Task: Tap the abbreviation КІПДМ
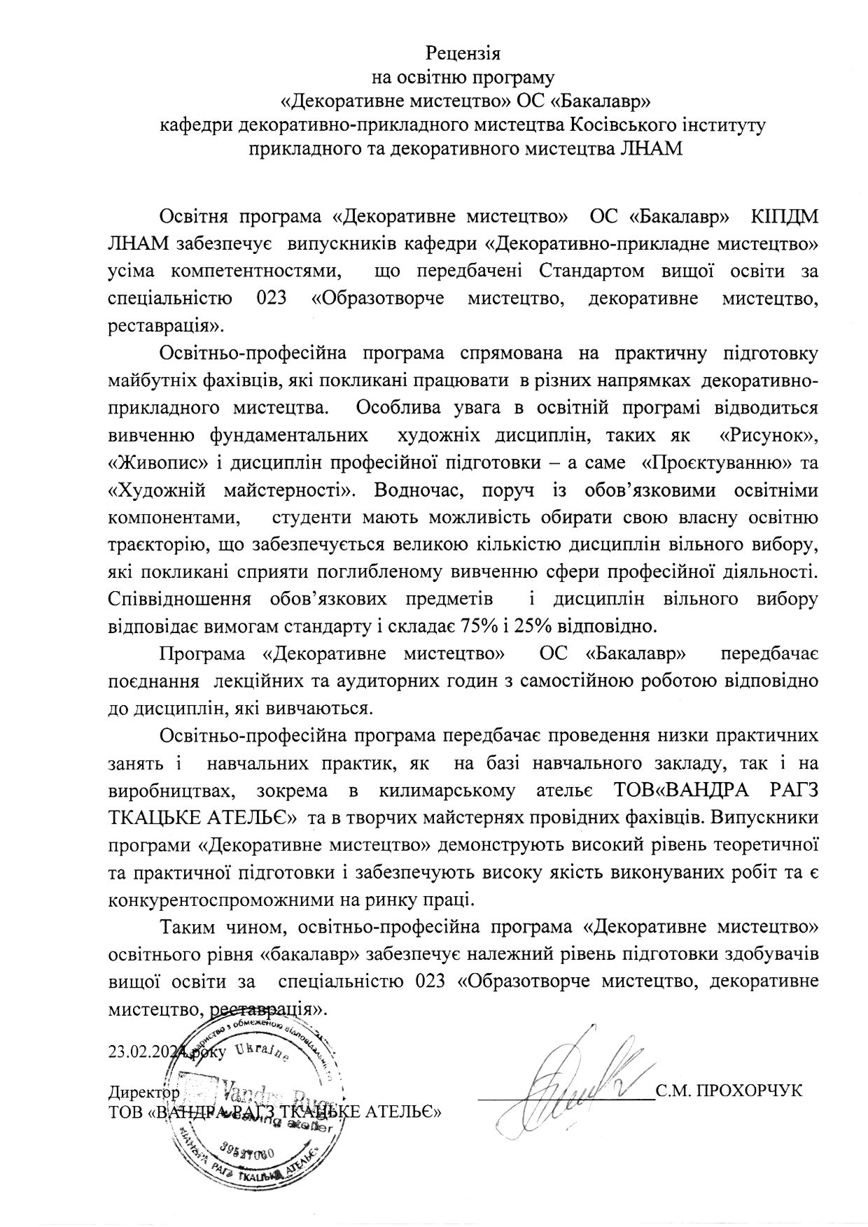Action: pyautogui.click(x=783, y=218)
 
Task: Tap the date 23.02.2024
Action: pyautogui.click(x=145, y=1050)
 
